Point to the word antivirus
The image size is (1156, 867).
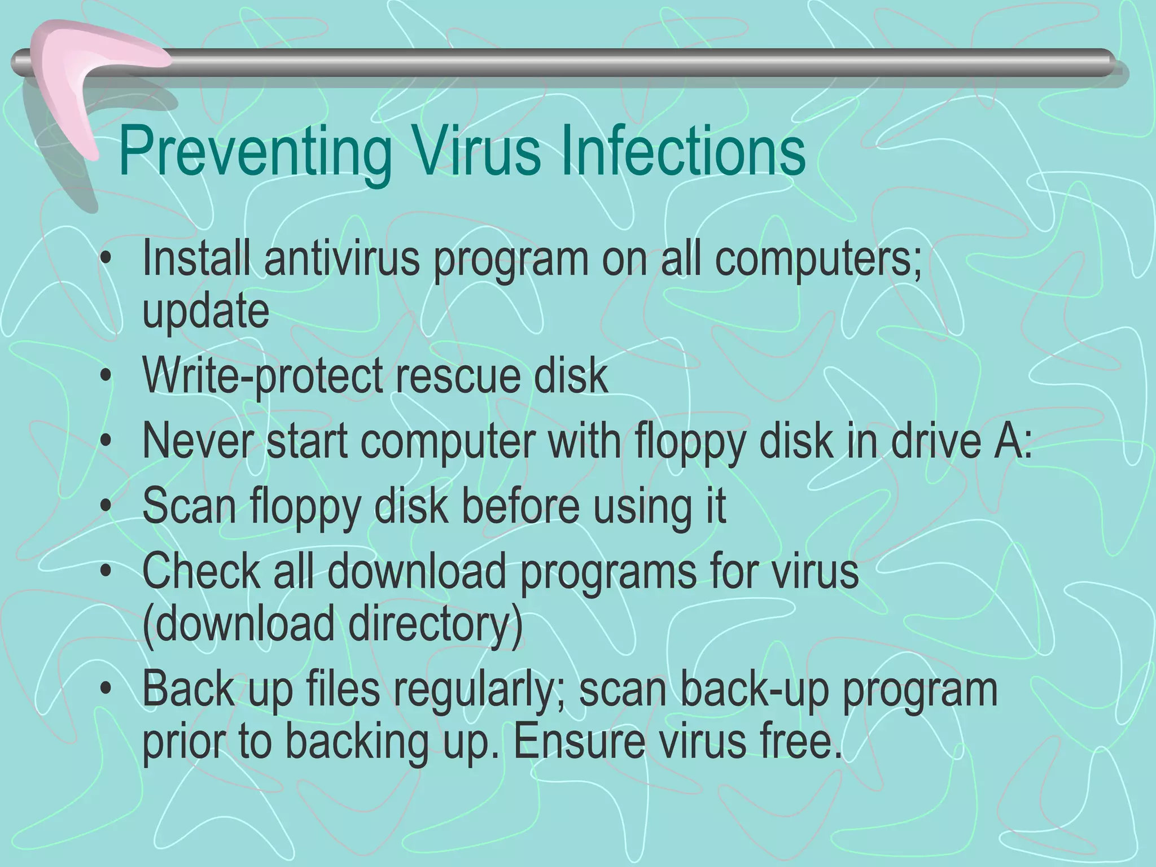pos(342,259)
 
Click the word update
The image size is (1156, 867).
pos(205,312)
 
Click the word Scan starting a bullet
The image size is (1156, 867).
pos(189,506)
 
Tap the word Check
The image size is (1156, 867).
pos(201,571)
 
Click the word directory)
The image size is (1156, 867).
pos(435,624)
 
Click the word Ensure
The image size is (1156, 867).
pos(579,742)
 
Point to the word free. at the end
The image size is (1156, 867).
pos(801,742)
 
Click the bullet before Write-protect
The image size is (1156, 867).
pos(104,377)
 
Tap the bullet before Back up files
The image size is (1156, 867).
pos(104,690)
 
